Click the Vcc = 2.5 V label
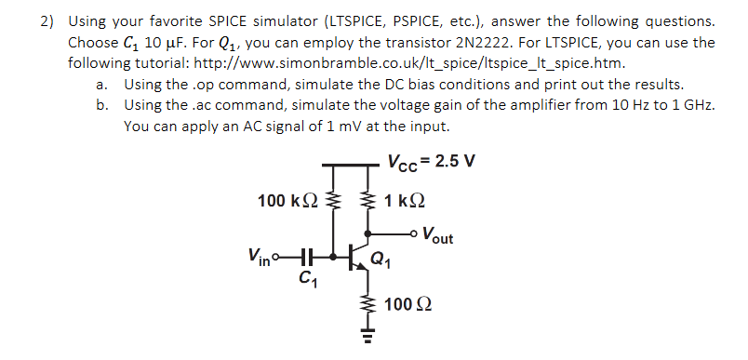(x=433, y=159)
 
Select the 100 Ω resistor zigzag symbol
(x=356, y=304)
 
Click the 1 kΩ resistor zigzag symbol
(x=369, y=199)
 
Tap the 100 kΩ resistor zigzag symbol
(x=338, y=199)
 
